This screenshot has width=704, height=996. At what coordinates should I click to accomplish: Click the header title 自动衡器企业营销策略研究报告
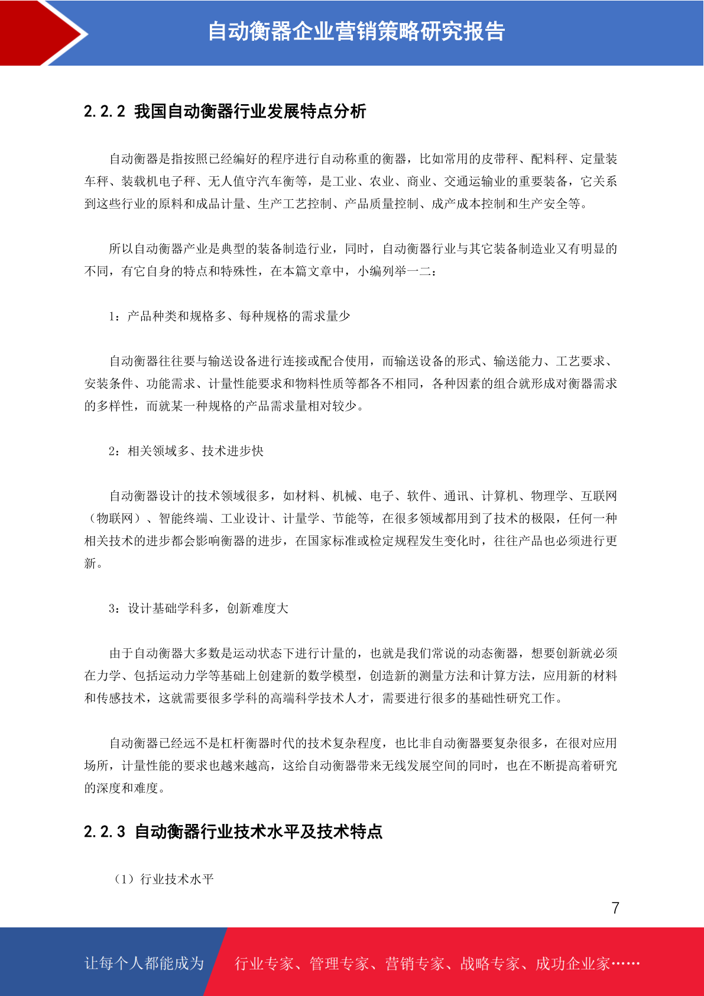click(356, 31)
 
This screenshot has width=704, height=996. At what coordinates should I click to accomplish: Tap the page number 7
click(615, 908)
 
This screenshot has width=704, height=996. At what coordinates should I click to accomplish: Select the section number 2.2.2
click(105, 111)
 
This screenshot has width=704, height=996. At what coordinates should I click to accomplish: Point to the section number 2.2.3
click(105, 832)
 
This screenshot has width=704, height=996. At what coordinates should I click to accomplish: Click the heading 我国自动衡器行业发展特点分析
click(250, 111)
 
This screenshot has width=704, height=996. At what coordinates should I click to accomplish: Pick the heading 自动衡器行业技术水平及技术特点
click(258, 832)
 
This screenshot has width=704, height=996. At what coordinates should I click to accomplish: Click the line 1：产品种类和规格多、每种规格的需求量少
click(229, 316)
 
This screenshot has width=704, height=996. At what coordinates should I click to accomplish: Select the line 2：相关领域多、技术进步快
click(186, 451)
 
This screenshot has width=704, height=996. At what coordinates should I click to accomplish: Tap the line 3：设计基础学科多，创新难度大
click(199, 609)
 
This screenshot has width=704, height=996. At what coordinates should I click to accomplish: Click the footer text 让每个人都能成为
click(144, 963)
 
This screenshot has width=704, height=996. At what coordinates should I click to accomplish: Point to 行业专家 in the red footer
click(264, 964)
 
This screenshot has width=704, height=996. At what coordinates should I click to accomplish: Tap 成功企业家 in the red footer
click(572, 964)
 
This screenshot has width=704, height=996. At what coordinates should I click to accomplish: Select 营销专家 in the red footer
click(414, 964)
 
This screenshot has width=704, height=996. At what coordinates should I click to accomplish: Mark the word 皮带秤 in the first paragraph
click(500, 159)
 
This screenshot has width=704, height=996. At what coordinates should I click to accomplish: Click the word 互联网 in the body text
click(599, 496)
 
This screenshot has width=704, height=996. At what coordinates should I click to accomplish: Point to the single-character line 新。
click(93, 564)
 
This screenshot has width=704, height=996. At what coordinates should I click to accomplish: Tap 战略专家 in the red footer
click(490, 964)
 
